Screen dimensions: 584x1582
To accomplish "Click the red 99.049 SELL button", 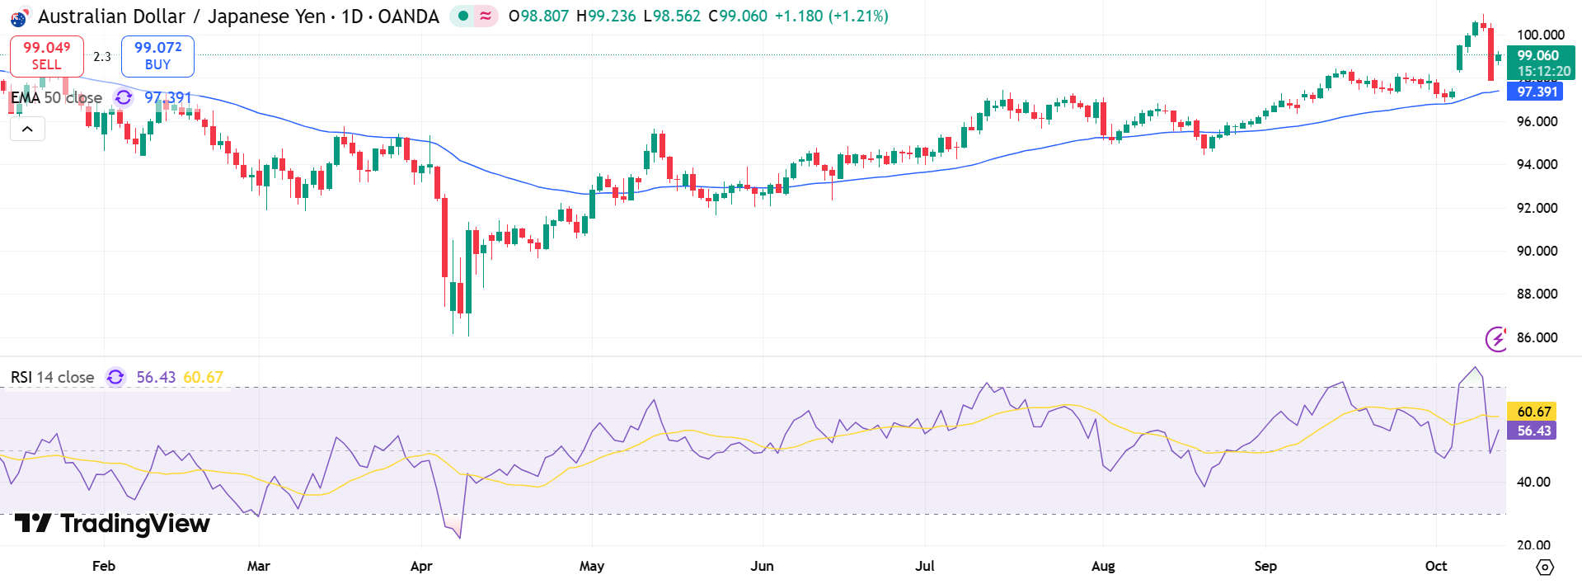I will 46,56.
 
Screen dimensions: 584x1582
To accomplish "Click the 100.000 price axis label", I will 1540,35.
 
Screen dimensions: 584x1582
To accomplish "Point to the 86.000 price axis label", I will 1537,337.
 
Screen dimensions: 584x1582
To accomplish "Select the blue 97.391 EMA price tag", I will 1537,92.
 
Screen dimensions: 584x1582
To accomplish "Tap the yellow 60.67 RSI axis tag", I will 1533,412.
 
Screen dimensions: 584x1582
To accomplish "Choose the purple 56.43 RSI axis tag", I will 1533,431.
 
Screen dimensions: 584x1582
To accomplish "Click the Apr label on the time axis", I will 421,566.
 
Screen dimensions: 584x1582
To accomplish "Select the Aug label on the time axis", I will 1102,566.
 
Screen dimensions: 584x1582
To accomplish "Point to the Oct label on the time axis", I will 1435,566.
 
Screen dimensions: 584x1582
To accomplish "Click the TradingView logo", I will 113,524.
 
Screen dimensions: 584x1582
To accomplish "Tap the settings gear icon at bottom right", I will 1545,567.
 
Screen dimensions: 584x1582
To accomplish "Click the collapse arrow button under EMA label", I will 27,129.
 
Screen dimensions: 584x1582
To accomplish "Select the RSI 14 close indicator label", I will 53,377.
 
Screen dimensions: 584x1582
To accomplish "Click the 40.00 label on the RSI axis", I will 1533,482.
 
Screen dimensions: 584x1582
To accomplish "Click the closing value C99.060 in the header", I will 738,16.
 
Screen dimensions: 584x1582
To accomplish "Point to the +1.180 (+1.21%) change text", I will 831,16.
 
